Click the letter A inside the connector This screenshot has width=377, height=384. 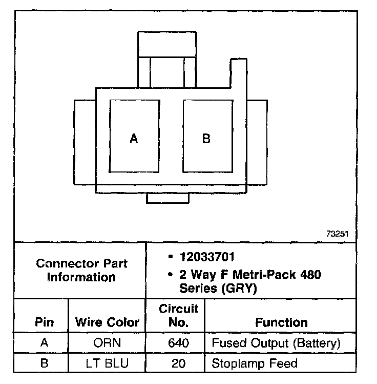[134, 139]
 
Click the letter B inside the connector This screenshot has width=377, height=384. [206, 139]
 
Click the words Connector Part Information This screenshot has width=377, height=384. [82, 271]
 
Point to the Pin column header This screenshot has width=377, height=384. [44, 323]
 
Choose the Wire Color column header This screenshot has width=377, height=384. [108, 323]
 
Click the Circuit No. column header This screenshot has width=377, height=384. [178, 316]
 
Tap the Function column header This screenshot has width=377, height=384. [281, 323]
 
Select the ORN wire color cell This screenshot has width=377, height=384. [108, 343]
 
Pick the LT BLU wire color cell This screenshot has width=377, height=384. [108, 364]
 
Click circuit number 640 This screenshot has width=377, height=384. [178, 343]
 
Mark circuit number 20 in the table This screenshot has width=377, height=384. [178, 364]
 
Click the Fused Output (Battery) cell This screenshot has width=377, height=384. [276, 343]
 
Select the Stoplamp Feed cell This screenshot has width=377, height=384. [254, 364]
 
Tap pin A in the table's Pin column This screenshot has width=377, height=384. [44, 343]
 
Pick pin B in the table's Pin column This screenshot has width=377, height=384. [44, 364]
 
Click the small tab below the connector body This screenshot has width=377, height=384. [167, 198]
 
